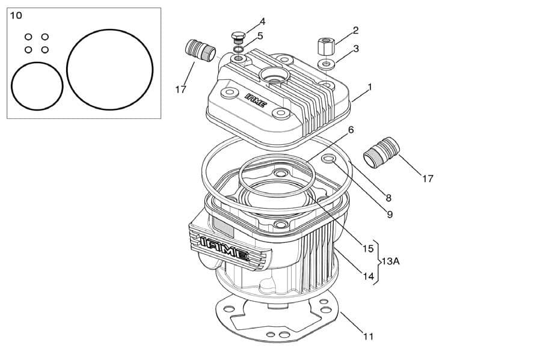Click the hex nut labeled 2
[x=324, y=46]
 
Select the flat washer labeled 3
[x=327, y=63]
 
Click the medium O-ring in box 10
[x=37, y=88]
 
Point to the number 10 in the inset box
[x=16, y=15]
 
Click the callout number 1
[x=369, y=87]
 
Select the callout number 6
[x=351, y=129]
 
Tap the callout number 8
[x=388, y=197]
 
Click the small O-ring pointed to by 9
[x=329, y=159]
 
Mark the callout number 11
[x=368, y=337]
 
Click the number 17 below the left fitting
[x=180, y=90]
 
